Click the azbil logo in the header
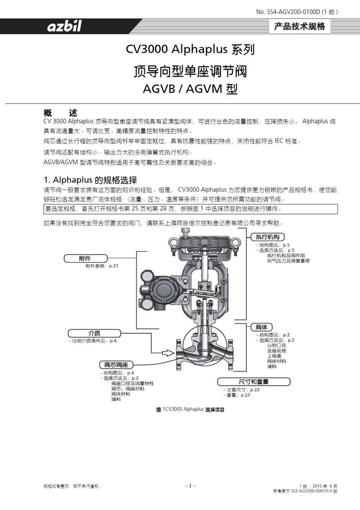pos(64,27)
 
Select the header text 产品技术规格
pos(299,27)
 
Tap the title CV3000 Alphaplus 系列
pos(190,50)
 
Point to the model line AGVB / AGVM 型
pos(190,89)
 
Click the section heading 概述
pos(60,113)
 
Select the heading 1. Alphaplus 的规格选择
pos(90,180)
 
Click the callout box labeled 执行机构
pos(268,237)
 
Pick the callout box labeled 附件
pos(85,259)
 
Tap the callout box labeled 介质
pos(94,333)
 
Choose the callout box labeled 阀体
pos(261,327)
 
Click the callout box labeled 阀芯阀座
pos(116,365)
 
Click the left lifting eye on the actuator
pos(172,242)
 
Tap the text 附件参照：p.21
pos(102,266)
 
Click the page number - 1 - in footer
pos(190,486)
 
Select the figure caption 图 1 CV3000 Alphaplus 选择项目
pos(190,410)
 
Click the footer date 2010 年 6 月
pos(325,486)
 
